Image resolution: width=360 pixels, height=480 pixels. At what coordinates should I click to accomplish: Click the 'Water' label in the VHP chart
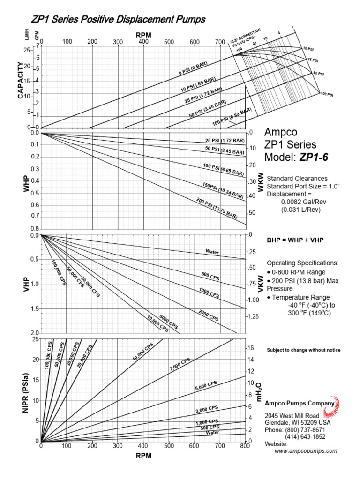click(x=212, y=252)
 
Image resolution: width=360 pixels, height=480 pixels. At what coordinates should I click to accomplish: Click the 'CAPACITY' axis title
click(x=21, y=81)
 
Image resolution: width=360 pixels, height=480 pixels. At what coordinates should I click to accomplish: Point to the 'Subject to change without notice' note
click(x=303, y=350)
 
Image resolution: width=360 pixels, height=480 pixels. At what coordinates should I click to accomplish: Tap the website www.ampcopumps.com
click(x=306, y=450)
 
